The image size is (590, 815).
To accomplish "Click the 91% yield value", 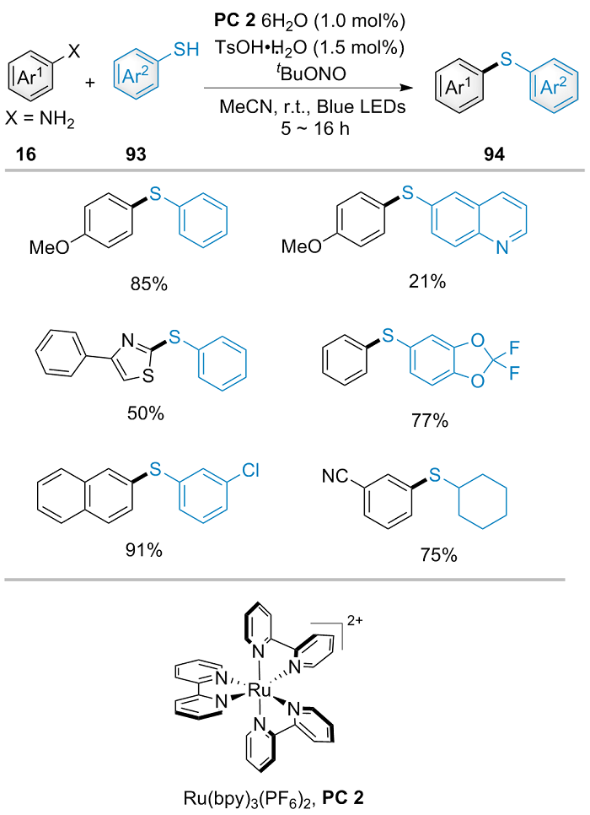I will click(143, 552).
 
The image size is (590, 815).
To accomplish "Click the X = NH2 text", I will click(42, 125).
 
